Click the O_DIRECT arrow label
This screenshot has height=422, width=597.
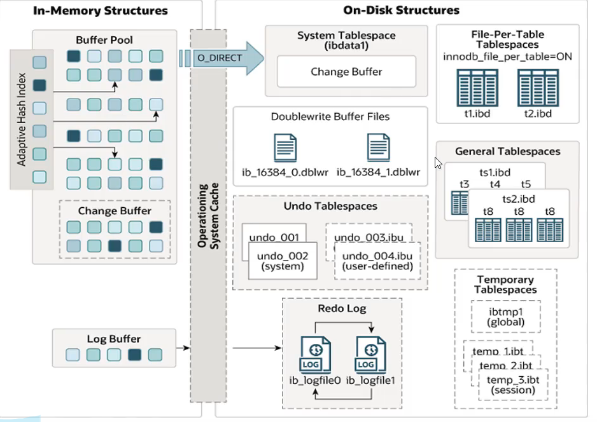220,58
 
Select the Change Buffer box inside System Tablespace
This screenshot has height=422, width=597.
346,72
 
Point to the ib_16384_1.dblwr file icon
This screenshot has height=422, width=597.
378,147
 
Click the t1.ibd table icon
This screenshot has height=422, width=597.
472,88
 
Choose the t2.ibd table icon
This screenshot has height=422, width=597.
533,88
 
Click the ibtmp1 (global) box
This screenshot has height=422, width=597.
505,316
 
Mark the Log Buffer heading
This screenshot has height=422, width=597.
113,339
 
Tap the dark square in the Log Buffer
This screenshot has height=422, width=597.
134,355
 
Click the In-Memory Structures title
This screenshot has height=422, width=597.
101,11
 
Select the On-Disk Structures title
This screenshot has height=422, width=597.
401,10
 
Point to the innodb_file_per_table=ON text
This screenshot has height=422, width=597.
507,57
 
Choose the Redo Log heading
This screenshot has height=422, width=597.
342,309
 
